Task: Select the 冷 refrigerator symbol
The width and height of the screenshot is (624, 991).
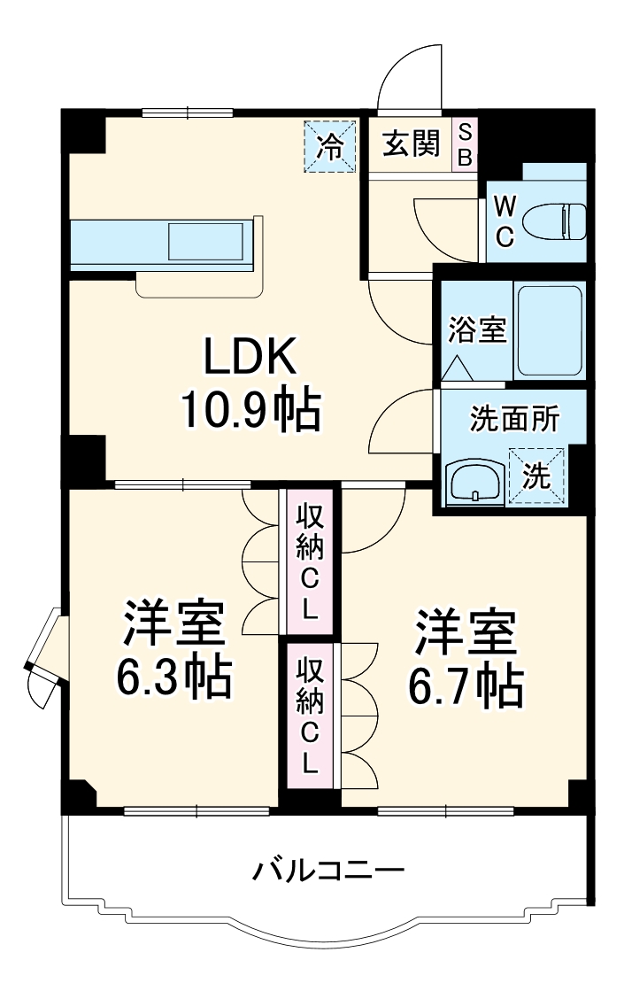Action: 330,146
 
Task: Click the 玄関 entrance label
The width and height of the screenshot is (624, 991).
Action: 411,143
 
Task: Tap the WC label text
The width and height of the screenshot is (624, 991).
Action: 505,221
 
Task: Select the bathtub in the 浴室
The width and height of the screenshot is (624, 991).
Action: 549,330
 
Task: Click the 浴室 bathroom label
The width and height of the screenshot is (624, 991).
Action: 477,330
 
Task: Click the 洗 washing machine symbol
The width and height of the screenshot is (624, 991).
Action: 535,476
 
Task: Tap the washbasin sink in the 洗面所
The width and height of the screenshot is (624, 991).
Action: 475,482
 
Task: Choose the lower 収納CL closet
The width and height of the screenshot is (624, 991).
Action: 308,715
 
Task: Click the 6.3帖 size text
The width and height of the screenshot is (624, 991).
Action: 173,677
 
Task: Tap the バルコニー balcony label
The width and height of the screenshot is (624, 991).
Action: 328,870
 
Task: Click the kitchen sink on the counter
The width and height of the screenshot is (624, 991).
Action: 207,241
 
